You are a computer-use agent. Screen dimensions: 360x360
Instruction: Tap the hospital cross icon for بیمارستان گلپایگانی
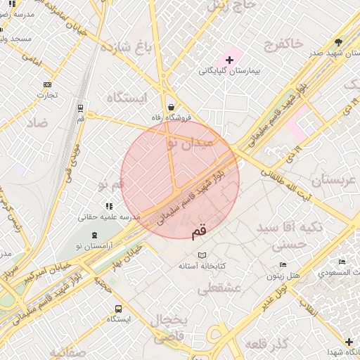click(x=229, y=60)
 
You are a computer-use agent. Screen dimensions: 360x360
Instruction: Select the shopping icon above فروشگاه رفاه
click(x=172, y=107)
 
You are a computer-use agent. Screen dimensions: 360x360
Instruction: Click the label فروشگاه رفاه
click(x=172, y=117)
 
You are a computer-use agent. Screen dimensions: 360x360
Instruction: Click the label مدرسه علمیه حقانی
click(x=108, y=217)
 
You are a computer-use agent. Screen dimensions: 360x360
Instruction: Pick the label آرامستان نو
click(x=94, y=246)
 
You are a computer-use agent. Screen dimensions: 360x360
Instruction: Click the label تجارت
click(x=46, y=96)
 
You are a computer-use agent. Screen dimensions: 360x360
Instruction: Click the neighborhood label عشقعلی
click(x=220, y=288)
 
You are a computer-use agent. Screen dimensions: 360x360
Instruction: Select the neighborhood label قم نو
click(x=111, y=185)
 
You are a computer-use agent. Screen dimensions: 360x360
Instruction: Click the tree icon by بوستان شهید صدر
click(x=339, y=43)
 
